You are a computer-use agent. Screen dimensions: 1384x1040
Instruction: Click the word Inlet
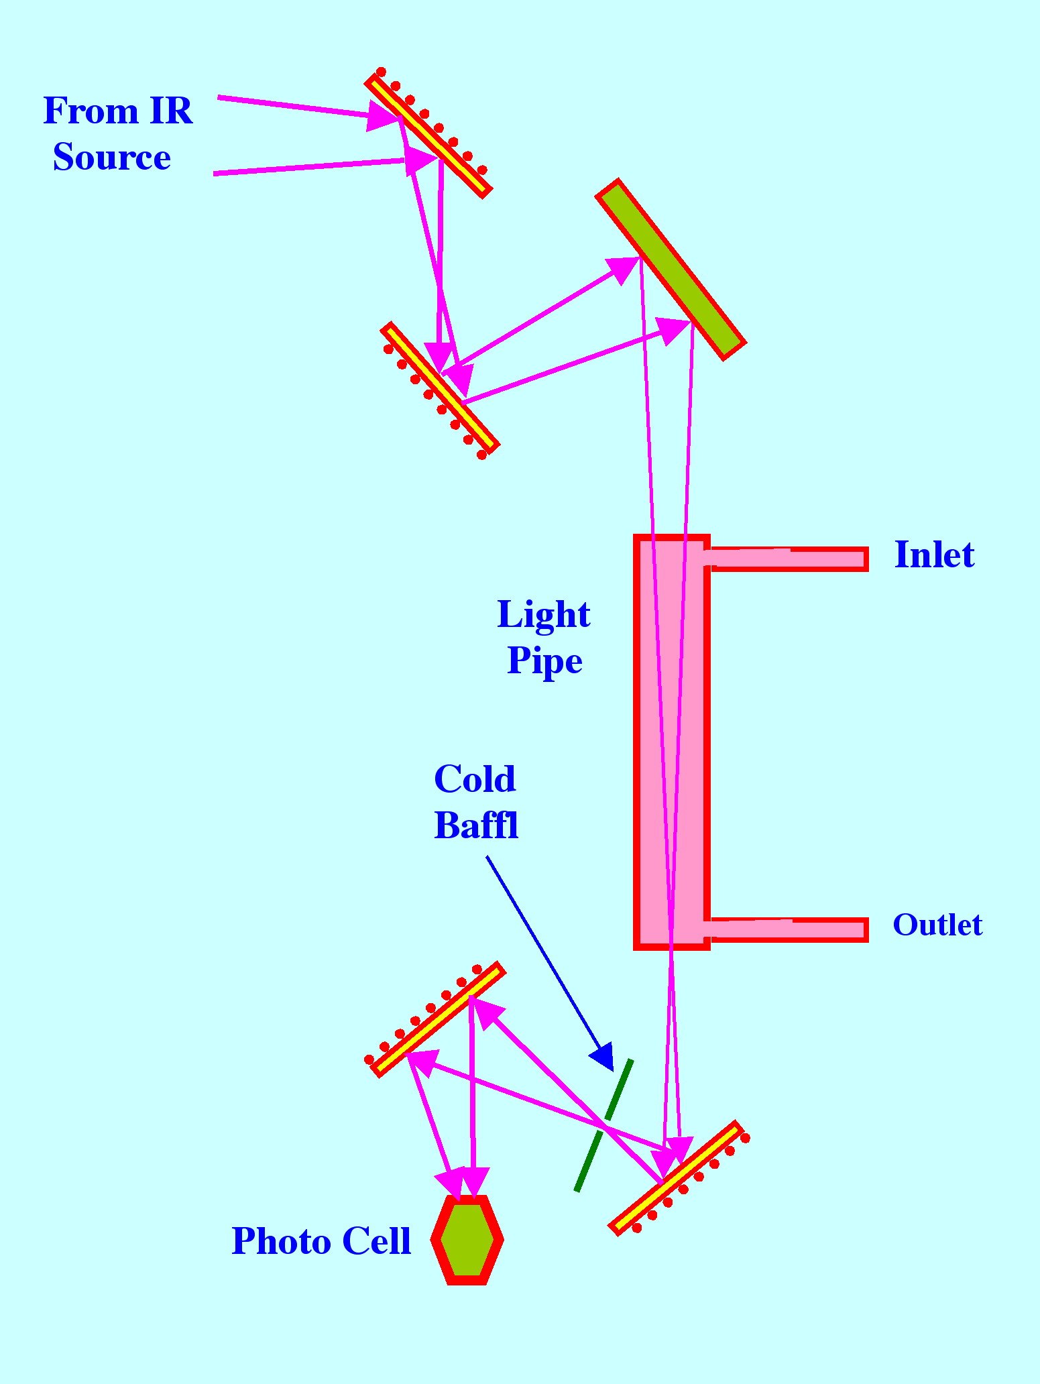coord(934,555)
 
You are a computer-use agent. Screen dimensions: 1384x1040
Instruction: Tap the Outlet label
coord(937,925)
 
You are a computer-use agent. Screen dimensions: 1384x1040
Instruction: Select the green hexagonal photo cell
coord(467,1240)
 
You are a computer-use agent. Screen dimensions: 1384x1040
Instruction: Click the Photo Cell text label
coord(321,1241)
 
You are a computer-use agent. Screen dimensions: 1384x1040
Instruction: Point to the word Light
coord(543,614)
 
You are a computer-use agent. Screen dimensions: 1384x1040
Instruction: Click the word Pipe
coord(544,660)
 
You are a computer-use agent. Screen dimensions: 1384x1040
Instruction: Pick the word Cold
coord(475,778)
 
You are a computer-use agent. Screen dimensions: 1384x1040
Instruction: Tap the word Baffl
coord(476,825)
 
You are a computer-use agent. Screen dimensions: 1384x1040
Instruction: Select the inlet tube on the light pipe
coord(788,559)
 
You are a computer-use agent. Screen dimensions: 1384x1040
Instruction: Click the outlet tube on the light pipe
coord(788,929)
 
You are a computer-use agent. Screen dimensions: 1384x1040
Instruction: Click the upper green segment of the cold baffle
coord(619,1090)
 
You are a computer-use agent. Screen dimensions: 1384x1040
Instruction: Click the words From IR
coord(118,111)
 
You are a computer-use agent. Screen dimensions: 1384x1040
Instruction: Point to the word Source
coord(112,158)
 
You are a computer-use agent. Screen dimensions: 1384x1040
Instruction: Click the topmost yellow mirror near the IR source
coord(428,136)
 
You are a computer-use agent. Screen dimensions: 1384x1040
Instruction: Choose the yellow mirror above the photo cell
coord(438,1019)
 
